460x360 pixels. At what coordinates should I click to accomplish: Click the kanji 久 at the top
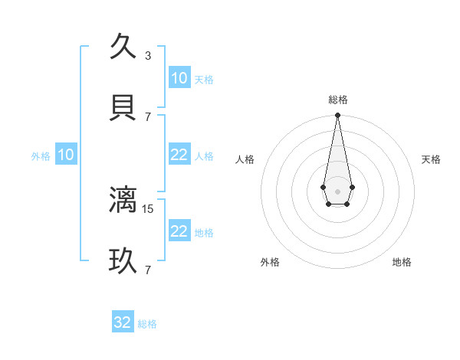click(x=123, y=47)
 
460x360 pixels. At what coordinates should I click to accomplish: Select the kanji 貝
click(x=123, y=108)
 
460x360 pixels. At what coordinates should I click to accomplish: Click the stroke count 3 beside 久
click(x=148, y=55)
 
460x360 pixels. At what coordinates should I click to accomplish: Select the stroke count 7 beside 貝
click(x=148, y=116)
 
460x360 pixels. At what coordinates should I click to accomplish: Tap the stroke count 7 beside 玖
click(x=148, y=270)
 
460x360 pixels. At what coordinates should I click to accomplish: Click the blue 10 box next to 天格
click(x=179, y=78)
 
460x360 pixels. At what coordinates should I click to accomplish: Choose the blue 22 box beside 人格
click(x=179, y=155)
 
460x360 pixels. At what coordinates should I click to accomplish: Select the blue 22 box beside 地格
click(x=179, y=231)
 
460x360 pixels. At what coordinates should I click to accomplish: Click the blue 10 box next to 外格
click(x=66, y=155)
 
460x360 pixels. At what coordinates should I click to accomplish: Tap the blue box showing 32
click(x=123, y=322)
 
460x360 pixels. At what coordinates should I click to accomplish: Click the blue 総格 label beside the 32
click(x=147, y=324)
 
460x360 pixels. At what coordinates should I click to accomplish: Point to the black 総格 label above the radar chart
click(x=337, y=100)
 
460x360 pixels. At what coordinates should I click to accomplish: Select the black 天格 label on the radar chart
click(x=431, y=159)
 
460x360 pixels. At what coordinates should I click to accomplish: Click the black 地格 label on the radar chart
click(x=402, y=262)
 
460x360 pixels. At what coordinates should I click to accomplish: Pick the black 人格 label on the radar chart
click(x=245, y=159)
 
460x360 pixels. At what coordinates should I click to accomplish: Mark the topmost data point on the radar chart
click(x=337, y=115)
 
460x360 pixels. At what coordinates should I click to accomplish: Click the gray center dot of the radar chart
click(x=337, y=190)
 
